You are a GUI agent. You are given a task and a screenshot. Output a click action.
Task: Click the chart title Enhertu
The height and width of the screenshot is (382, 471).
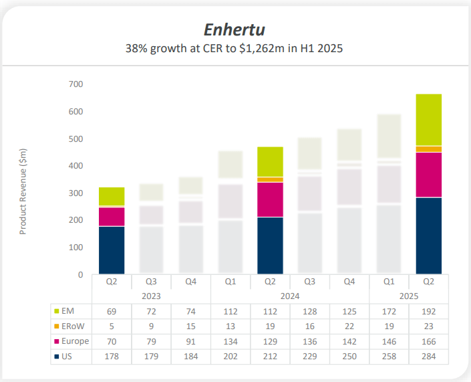pos(234,29)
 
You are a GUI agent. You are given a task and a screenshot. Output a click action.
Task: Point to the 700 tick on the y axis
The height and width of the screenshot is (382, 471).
pos(75,84)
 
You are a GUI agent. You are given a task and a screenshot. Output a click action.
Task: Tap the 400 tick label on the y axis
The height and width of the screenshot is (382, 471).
pos(75,166)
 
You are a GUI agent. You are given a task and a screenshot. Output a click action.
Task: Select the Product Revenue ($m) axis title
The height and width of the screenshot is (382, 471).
pos(23,191)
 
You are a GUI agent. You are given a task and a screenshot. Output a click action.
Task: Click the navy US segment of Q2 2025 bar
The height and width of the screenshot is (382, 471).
pos(428,235)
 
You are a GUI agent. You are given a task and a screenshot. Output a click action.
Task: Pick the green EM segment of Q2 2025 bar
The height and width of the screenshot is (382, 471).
pos(428,120)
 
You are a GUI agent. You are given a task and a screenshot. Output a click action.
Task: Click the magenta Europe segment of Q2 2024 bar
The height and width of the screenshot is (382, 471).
pos(270,199)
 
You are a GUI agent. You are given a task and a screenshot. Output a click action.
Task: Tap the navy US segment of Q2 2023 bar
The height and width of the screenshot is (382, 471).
pos(112,250)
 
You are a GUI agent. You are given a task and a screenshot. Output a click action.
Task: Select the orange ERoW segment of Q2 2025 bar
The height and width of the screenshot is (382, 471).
pos(428,149)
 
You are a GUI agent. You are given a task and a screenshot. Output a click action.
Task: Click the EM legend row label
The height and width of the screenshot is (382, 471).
pos(67,311)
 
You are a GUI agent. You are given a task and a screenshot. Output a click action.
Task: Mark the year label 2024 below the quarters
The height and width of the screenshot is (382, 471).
pos(290,295)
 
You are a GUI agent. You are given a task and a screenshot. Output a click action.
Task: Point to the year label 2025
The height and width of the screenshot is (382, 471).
pos(409,295)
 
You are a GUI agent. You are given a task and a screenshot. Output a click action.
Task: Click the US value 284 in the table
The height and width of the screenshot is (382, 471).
pos(429,357)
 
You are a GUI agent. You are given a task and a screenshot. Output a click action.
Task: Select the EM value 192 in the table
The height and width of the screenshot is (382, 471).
pos(429,311)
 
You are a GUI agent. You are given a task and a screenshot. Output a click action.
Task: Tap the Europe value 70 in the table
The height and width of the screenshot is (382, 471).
pos(112,342)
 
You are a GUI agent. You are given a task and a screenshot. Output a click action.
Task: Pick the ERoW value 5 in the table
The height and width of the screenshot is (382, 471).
pos(112,326)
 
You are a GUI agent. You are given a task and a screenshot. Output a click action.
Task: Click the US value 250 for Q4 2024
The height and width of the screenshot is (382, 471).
pos(349,357)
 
